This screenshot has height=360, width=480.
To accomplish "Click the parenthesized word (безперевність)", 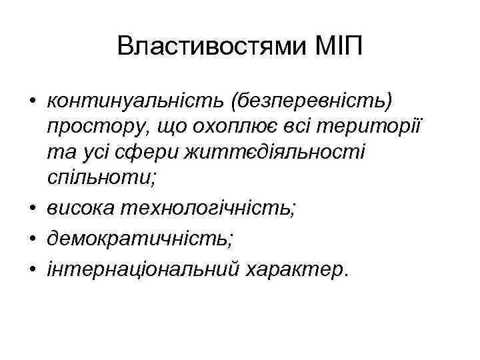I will pyautogui.click(x=313, y=101).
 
